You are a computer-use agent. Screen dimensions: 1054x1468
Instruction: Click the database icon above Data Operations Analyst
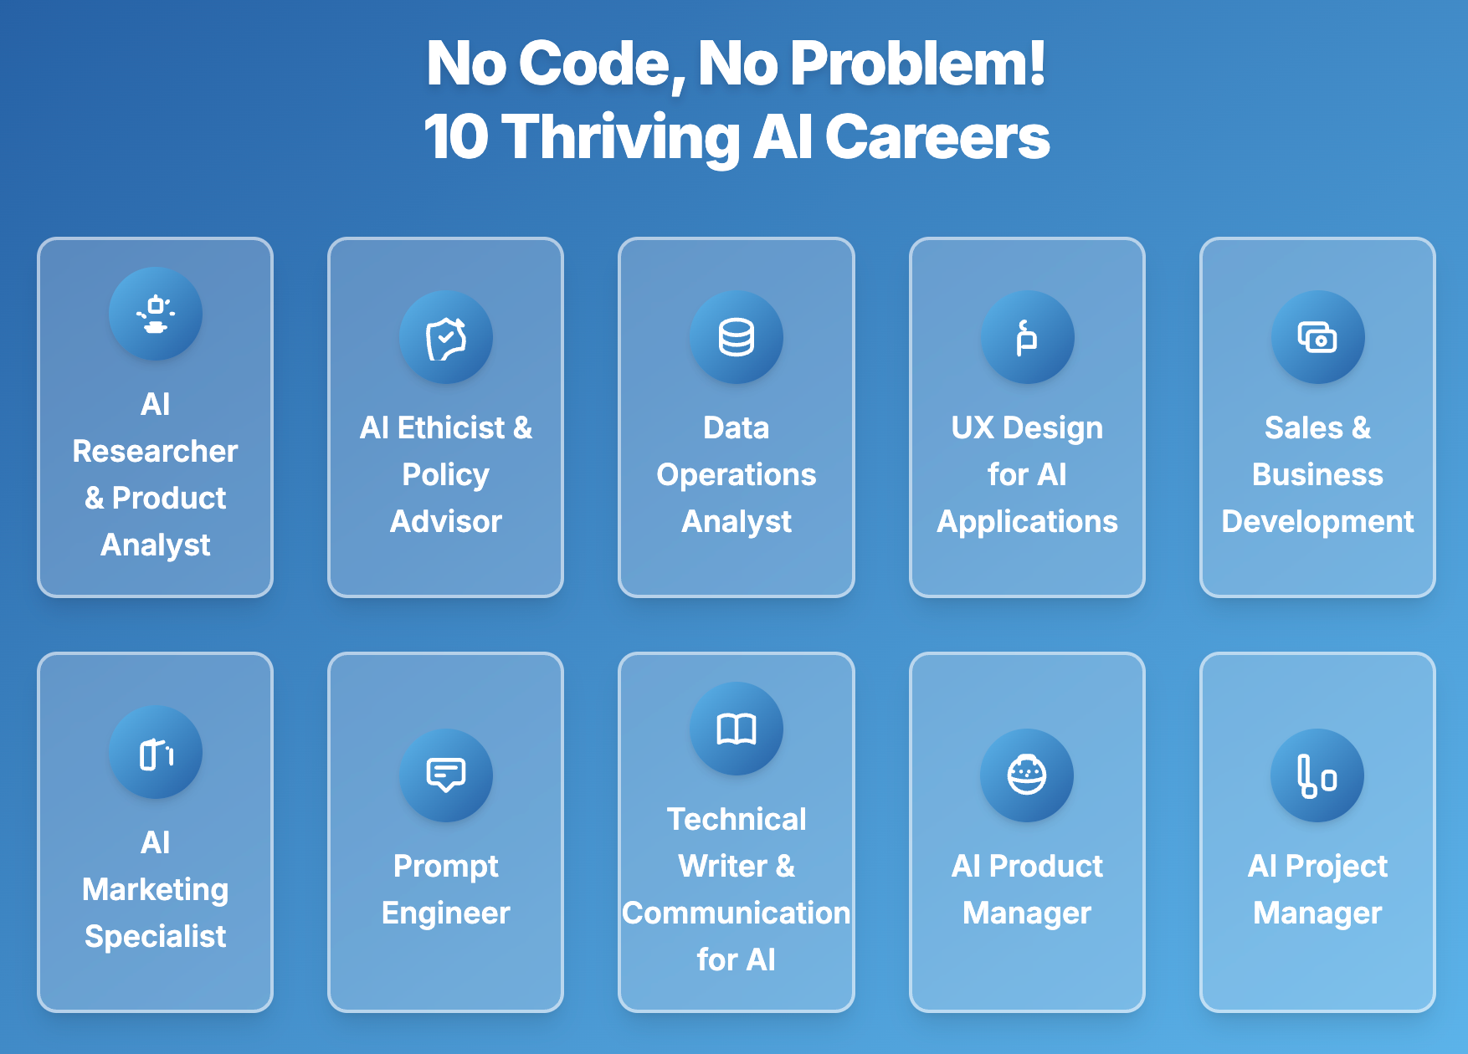click(x=737, y=337)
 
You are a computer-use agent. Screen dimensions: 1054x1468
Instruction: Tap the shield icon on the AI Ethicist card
click(x=446, y=337)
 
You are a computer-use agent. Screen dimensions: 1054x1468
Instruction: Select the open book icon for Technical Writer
click(x=737, y=729)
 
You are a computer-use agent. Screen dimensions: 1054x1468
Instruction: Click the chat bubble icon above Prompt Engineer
click(x=446, y=775)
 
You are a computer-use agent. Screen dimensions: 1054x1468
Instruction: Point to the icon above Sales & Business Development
click(x=1317, y=337)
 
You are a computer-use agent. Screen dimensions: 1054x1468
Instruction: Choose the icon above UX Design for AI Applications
click(x=1027, y=337)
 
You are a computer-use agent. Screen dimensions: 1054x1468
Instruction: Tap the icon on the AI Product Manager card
click(x=1027, y=775)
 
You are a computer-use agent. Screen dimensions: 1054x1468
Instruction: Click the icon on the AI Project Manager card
click(x=1317, y=775)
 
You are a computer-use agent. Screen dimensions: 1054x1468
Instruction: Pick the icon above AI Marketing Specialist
click(x=156, y=752)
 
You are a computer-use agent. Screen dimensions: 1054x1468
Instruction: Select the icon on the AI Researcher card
click(x=156, y=314)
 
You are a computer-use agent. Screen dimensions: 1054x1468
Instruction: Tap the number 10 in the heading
click(x=456, y=137)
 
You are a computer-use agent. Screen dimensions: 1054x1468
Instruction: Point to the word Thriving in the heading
click(x=622, y=137)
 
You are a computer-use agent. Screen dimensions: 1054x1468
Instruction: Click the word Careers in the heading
click(x=937, y=137)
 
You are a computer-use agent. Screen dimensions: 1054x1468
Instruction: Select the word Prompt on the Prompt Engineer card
click(x=446, y=867)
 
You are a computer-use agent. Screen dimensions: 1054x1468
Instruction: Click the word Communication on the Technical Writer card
click(x=737, y=913)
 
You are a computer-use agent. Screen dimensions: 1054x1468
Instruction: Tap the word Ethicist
click(x=451, y=428)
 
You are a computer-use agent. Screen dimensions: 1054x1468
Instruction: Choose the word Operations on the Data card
click(x=737, y=475)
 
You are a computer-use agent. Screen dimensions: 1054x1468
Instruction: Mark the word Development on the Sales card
click(x=1317, y=522)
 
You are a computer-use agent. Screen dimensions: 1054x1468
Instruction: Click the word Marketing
click(x=156, y=889)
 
